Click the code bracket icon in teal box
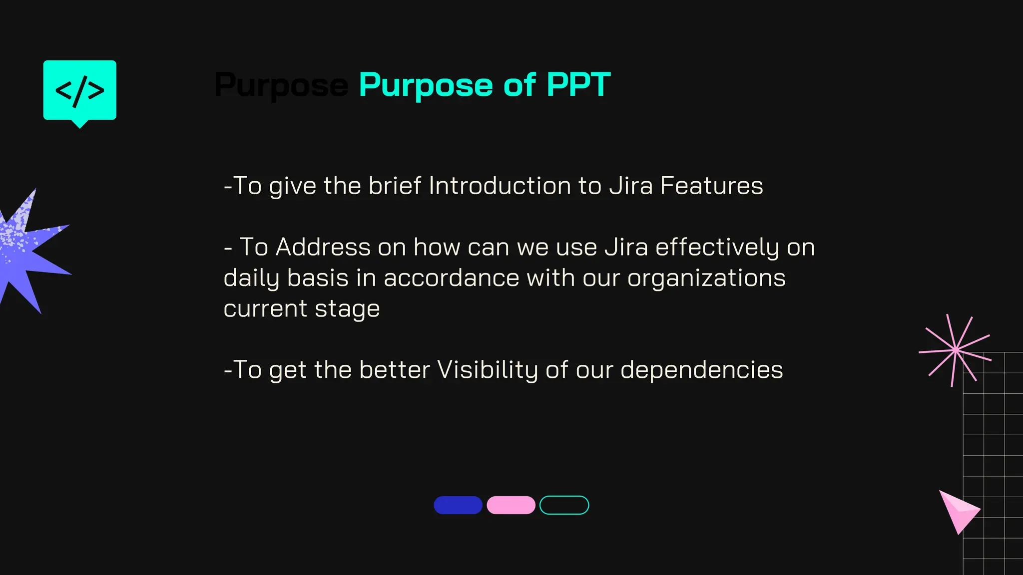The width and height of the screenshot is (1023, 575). (80, 91)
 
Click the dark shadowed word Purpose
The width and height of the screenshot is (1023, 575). (281, 85)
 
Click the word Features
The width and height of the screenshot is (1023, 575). (711, 186)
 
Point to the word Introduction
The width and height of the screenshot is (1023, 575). (500, 186)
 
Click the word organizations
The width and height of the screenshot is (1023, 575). (706, 278)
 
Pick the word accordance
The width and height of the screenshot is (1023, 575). (451, 278)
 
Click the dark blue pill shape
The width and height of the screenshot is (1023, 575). (458, 505)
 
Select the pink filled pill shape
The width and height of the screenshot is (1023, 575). (511, 505)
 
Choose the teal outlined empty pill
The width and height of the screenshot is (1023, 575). (564, 505)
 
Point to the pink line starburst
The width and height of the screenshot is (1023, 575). (955, 350)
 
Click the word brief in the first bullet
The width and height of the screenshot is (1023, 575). (395, 186)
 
